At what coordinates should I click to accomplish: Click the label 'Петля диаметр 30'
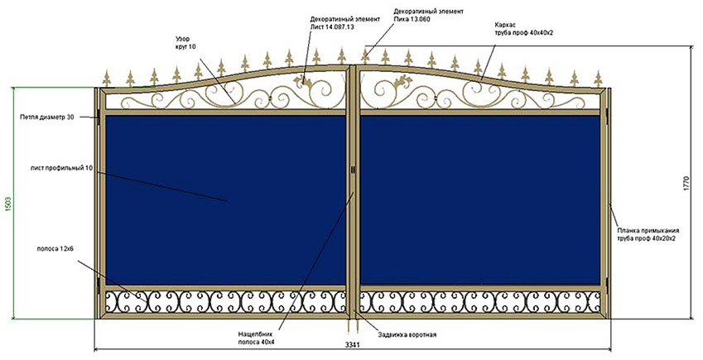click(x=47, y=118)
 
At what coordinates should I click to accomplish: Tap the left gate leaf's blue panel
click(x=224, y=199)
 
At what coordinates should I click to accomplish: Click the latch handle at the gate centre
click(x=354, y=170)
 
